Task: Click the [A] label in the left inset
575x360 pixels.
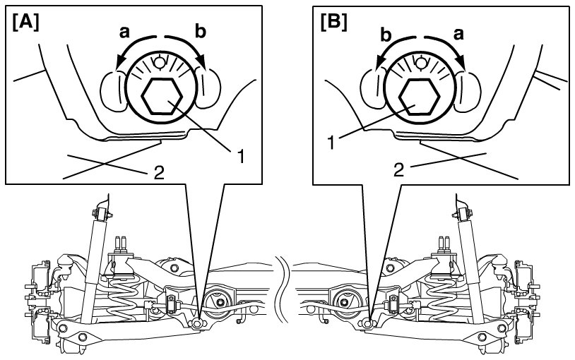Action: coord(25,24)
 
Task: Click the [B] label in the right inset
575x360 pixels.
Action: coord(333,23)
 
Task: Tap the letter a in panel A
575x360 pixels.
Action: coord(125,32)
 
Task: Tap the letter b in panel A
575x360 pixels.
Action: coord(200,31)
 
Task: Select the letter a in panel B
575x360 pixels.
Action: coord(458,34)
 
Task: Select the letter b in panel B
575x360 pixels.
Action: coord(386,35)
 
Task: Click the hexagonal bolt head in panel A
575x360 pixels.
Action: coord(162,97)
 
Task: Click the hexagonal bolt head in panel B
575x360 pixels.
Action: coord(418,97)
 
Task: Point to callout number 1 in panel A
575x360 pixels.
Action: coord(240,157)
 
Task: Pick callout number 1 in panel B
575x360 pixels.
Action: coord(331,143)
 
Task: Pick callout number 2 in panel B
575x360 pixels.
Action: coord(399,170)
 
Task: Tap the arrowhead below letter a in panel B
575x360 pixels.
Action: coord(461,64)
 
